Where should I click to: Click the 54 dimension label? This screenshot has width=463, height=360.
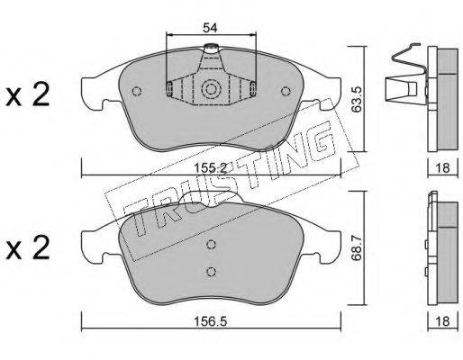click(x=210, y=28)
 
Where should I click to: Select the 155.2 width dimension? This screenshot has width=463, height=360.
click(x=210, y=168)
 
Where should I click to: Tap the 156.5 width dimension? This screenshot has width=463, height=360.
click(x=210, y=322)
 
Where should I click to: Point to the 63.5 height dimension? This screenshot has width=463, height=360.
click(x=357, y=100)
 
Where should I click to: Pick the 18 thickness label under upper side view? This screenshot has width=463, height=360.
click(x=443, y=168)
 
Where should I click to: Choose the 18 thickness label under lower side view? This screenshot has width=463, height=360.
click(x=443, y=322)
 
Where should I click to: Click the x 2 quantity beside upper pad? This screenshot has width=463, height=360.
click(x=28, y=94)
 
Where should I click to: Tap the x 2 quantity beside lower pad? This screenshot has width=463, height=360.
click(x=28, y=247)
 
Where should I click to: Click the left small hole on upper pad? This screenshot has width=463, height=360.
click(x=137, y=91)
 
